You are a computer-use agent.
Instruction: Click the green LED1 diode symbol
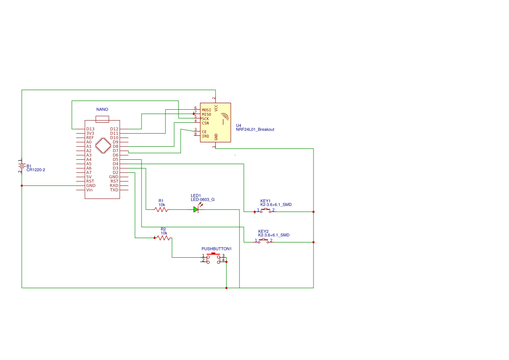click(196, 209)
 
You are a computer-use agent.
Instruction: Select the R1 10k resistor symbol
click(162, 209)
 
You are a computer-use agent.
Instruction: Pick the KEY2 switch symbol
click(263, 241)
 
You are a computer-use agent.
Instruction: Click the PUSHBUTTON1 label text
click(216, 249)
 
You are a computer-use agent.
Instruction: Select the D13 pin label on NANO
click(90, 129)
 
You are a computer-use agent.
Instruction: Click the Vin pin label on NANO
click(89, 190)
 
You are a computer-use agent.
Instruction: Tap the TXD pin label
click(114, 190)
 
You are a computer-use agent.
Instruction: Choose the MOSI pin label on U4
click(206, 110)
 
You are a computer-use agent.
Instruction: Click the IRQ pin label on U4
click(205, 136)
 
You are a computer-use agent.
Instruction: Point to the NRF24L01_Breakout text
click(255, 129)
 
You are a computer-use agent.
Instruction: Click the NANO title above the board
click(102, 109)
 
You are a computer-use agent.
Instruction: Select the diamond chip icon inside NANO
click(103, 145)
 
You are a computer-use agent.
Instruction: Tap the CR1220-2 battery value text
click(36, 170)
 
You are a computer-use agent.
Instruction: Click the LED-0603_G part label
click(202, 199)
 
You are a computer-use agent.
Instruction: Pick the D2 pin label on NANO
click(115, 172)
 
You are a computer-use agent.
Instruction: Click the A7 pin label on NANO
click(89, 172)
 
